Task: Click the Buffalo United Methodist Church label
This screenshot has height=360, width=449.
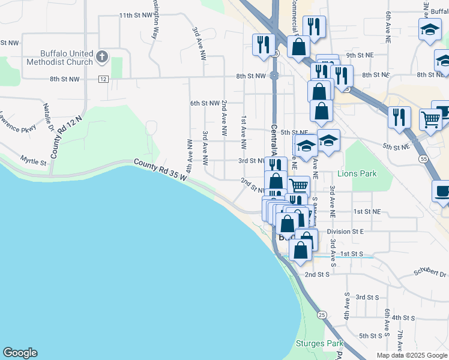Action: (59, 57)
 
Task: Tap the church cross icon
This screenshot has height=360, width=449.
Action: (102, 57)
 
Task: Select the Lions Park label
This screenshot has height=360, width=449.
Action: (357, 173)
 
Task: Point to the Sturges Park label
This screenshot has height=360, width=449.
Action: (319, 344)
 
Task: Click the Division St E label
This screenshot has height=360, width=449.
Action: (346, 231)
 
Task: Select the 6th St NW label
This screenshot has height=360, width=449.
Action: (205, 103)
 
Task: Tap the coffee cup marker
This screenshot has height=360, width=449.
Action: (442, 192)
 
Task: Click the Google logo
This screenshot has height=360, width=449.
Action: (20, 353)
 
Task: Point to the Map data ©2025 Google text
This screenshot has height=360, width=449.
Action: (411, 355)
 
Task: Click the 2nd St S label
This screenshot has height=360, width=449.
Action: (318, 274)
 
